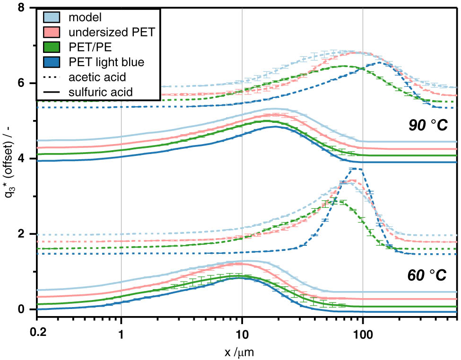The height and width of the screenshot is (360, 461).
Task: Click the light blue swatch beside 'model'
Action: (52, 18)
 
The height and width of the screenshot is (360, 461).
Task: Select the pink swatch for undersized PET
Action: (52, 33)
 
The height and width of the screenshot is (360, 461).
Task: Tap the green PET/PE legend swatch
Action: (52, 47)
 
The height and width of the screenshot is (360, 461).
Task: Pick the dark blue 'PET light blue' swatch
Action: (52, 62)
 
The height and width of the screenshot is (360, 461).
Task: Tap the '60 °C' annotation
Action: (427, 276)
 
